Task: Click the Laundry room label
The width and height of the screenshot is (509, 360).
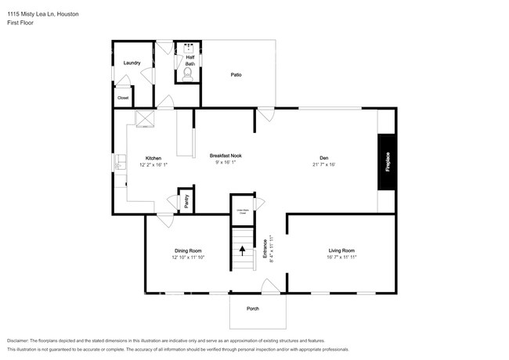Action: coord(132,63)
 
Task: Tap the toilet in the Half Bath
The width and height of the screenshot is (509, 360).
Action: coord(187,75)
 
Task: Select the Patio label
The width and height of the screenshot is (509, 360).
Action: coord(236,75)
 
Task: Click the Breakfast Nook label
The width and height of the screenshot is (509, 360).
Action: coord(226,156)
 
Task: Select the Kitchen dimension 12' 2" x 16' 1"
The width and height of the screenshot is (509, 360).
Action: coord(153,165)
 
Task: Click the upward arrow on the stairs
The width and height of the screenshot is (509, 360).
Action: coord(243,251)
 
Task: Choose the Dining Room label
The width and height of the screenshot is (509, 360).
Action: coord(189,250)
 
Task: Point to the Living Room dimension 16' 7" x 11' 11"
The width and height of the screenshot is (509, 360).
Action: coord(341,257)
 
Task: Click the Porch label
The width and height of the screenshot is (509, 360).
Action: coord(253,308)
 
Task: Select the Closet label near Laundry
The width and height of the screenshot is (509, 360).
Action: coord(123,98)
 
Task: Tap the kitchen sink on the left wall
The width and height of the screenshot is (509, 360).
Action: coord(120,163)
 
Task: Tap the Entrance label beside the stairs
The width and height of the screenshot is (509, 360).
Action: coord(265,249)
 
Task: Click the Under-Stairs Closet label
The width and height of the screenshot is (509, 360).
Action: coord(244,211)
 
